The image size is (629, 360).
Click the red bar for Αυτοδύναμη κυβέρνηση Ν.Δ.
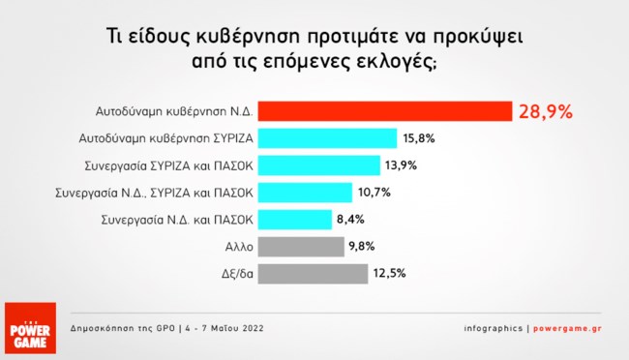(385, 111)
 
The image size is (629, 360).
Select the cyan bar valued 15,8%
(327, 138)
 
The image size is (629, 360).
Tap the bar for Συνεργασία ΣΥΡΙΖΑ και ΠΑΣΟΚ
(319, 165)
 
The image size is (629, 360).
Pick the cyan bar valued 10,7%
(305, 193)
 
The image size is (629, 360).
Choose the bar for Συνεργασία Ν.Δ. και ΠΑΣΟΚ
(295, 220)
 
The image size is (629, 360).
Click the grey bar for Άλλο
(301, 247)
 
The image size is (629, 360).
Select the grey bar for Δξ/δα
(313, 274)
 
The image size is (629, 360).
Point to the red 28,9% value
(546, 111)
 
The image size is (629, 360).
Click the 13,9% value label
(402, 165)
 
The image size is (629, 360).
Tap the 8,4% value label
(350, 220)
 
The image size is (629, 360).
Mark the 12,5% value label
(390, 273)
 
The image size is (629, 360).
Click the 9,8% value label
(362, 246)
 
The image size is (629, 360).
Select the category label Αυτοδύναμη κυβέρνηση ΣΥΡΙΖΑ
(166, 138)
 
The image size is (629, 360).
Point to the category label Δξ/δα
(237, 274)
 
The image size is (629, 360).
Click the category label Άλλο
(239, 247)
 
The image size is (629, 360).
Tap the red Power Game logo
(31, 328)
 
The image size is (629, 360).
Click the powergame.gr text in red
(568, 328)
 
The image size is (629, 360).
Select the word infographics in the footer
(494, 328)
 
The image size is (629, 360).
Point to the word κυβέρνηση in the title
(249, 37)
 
